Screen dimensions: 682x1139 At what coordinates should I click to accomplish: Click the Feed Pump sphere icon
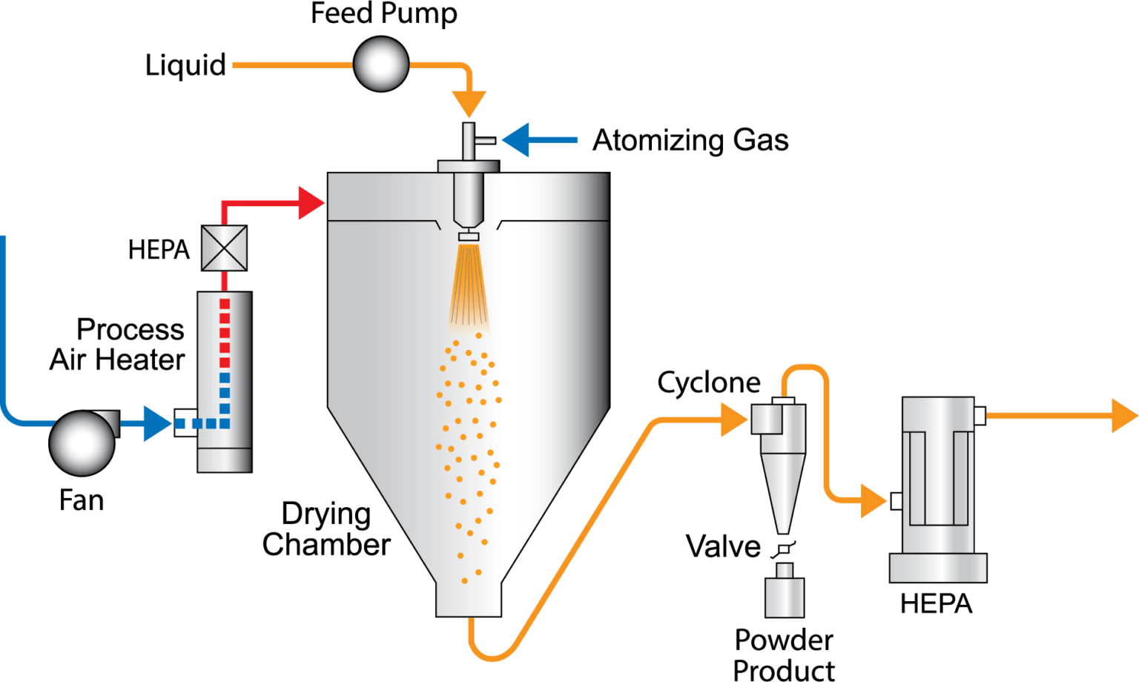[380, 64]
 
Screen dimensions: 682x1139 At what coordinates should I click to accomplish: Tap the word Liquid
[185, 65]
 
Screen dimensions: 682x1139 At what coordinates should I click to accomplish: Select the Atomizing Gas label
[690, 140]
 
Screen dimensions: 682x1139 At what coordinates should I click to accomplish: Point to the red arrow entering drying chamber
[310, 202]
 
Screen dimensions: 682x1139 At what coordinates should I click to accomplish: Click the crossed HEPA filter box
[224, 248]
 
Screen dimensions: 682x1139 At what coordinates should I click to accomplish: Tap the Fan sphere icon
[82, 442]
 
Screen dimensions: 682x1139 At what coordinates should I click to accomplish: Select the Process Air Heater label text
[119, 345]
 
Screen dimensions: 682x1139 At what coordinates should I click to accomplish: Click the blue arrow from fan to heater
[156, 423]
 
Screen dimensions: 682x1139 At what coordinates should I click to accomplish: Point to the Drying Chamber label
[326, 529]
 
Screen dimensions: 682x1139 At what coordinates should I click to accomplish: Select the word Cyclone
[708, 383]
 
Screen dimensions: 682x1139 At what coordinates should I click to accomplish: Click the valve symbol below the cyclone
[783, 549]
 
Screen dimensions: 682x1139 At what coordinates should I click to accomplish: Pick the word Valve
[723, 547]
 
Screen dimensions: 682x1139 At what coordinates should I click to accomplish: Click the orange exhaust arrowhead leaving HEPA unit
[1123, 415]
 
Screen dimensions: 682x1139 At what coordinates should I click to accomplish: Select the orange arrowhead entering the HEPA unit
[873, 500]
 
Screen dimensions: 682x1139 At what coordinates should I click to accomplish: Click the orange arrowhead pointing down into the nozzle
[469, 104]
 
